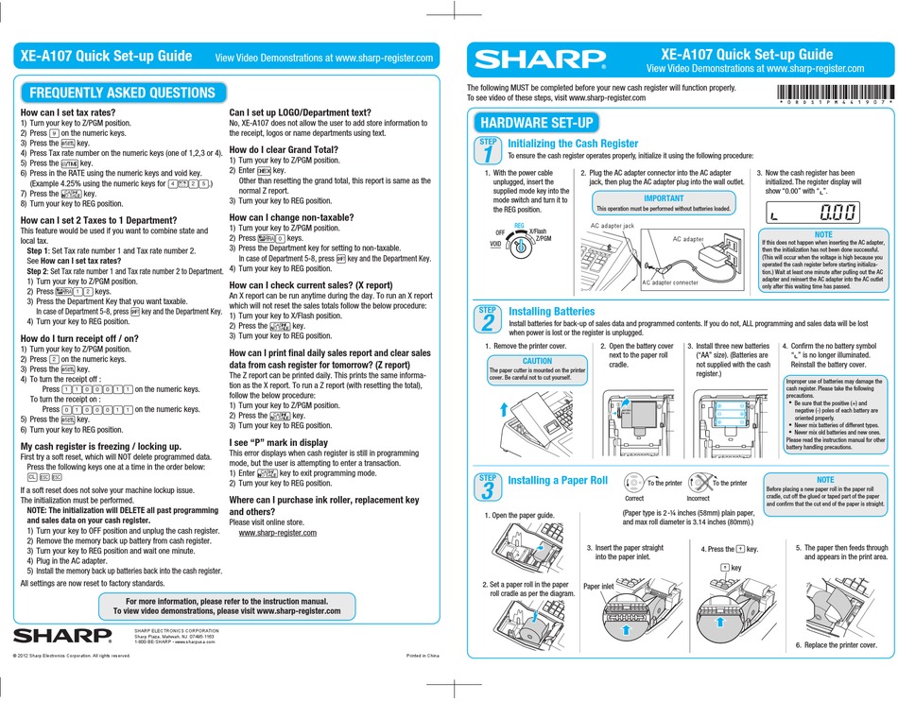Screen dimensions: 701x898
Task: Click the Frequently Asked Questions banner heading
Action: tap(123, 93)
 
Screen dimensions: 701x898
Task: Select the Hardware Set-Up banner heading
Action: tap(537, 123)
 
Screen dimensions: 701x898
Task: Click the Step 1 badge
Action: tap(487, 149)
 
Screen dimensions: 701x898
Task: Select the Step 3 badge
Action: tap(487, 487)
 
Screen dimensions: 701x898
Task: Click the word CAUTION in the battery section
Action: tap(537, 361)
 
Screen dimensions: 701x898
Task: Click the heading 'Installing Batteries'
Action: tap(551, 311)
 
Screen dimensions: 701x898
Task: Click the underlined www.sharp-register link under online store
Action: tap(275, 533)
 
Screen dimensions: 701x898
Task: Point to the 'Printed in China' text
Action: tap(423, 655)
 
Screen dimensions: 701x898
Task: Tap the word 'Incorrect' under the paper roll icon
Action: tap(699, 498)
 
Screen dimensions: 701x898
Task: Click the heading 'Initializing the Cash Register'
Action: tap(573, 144)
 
